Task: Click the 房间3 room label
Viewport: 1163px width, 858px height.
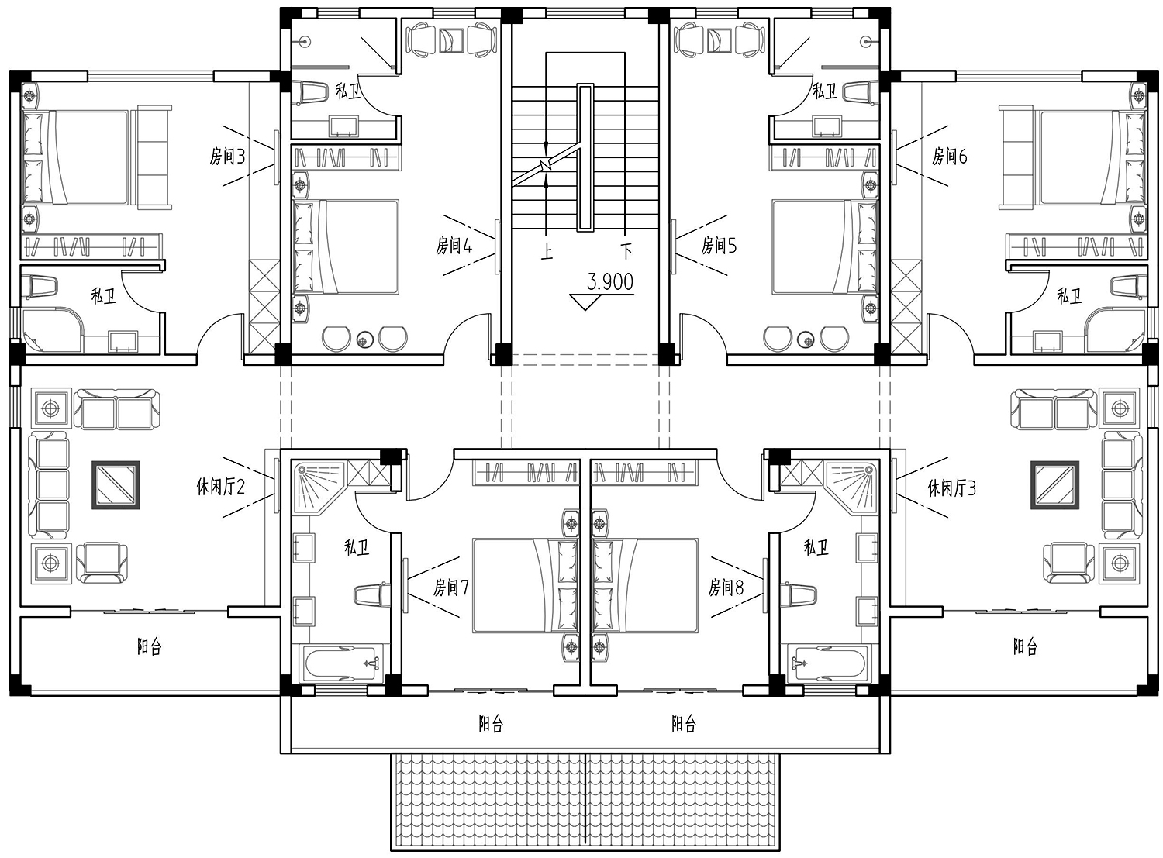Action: pyautogui.click(x=227, y=157)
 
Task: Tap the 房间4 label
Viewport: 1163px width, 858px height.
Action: pyautogui.click(x=454, y=245)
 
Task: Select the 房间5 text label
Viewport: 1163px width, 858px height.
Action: pyautogui.click(x=719, y=245)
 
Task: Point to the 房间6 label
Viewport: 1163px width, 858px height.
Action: pyautogui.click(x=950, y=157)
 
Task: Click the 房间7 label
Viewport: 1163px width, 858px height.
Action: pyautogui.click(x=451, y=588)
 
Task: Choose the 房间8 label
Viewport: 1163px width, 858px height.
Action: pyautogui.click(x=726, y=588)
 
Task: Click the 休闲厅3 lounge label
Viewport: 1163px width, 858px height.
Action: pyautogui.click(x=951, y=488)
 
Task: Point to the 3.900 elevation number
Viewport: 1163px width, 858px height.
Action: pyautogui.click(x=610, y=282)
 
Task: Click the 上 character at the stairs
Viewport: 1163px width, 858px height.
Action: pyautogui.click(x=547, y=253)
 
